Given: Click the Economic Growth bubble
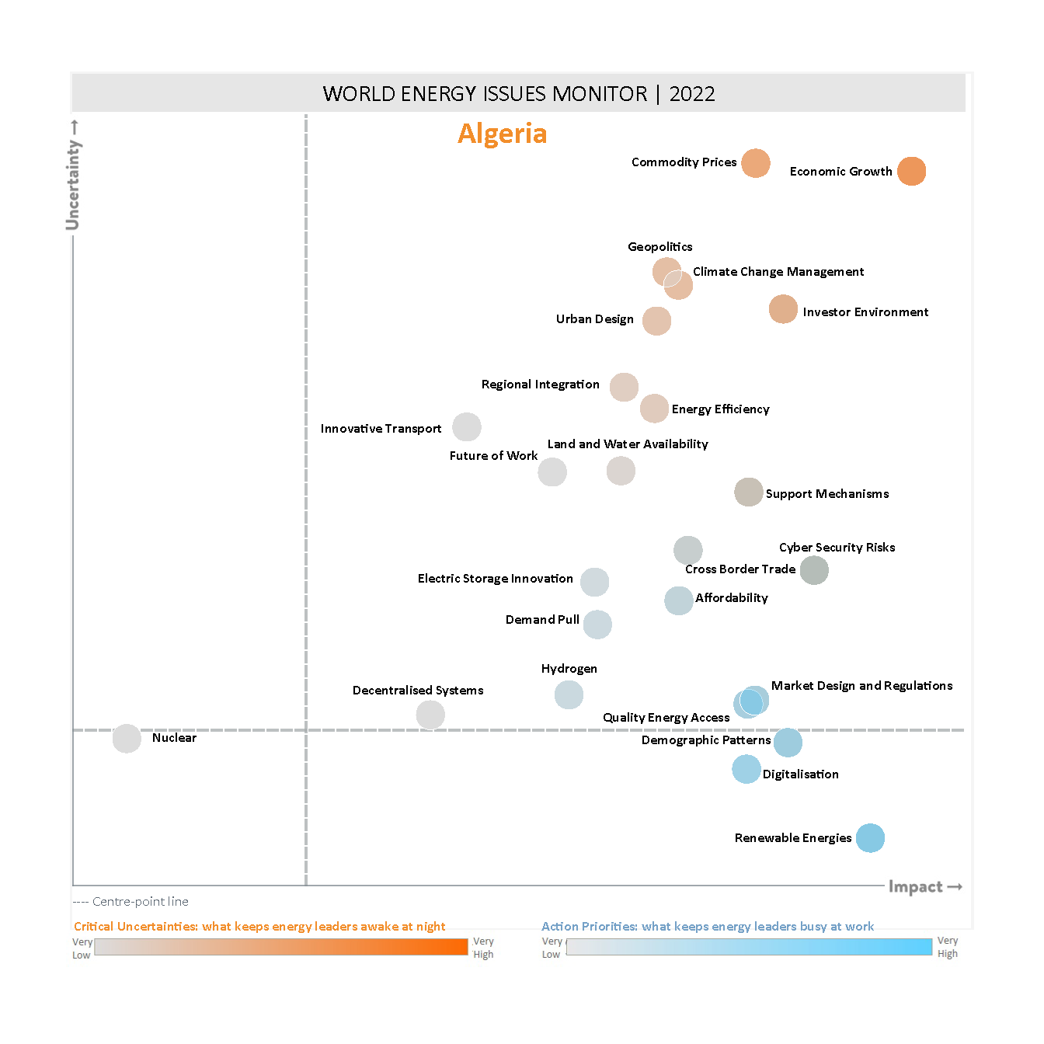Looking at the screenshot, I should pos(911,171).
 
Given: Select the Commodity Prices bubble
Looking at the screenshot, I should pos(755,163).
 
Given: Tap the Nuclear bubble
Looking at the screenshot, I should pos(127,739).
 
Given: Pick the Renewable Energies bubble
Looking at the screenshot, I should pos(870,838).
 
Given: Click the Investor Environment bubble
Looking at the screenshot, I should pos(783,309).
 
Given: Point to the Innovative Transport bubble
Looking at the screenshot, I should pos(467,426).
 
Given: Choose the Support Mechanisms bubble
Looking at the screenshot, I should pos(749,492).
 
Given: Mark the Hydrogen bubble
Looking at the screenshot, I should pos(569,694).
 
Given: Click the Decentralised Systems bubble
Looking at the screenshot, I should pos(430,715).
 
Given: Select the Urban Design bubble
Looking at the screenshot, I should pos(656,321).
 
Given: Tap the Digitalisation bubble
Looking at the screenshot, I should pos(746,769).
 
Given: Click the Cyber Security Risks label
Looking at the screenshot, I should pos(837,548).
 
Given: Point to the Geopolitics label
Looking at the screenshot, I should pos(659,247).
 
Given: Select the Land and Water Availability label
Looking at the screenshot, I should pos(628,444).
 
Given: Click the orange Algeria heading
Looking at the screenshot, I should pos(502,134).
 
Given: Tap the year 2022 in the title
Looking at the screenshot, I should pos(691,94).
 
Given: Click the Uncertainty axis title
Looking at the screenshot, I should pos(73,185).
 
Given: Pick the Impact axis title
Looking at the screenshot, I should pos(916,887).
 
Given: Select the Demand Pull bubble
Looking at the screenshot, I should pos(597,625).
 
